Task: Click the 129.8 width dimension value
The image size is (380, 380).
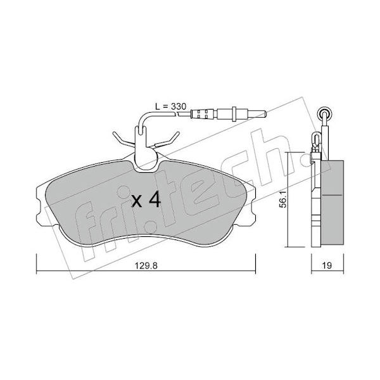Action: click(x=146, y=265)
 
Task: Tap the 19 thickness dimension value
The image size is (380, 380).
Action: click(x=327, y=265)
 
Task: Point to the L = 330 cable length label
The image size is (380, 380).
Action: click(x=171, y=106)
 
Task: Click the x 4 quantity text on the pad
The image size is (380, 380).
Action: click(x=146, y=200)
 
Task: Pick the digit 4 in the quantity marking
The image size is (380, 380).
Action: click(x=155, y=199)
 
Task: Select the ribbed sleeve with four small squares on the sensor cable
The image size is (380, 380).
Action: click(x=202, y=113)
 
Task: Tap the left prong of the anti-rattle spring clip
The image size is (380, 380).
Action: click(x=123, y=139)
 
